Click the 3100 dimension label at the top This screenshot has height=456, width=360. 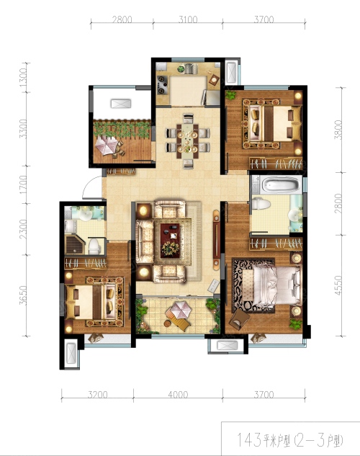(x=188, y=19)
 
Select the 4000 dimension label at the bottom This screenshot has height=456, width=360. (x=178, y=395)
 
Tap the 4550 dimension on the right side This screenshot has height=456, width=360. (x=338, y=285)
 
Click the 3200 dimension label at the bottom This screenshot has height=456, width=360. (x=98, y=395)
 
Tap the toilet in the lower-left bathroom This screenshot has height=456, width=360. (x=94, y=246)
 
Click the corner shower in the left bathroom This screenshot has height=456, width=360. (x=75, y=245)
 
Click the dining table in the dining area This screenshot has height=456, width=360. (x=188, y=141)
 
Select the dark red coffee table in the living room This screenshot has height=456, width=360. (x=170, y=241)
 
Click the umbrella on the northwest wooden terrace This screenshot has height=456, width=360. (x=107, y=145)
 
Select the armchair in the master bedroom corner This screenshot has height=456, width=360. (x=239, y=320)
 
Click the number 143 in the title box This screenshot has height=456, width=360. (x=249, y=439)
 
